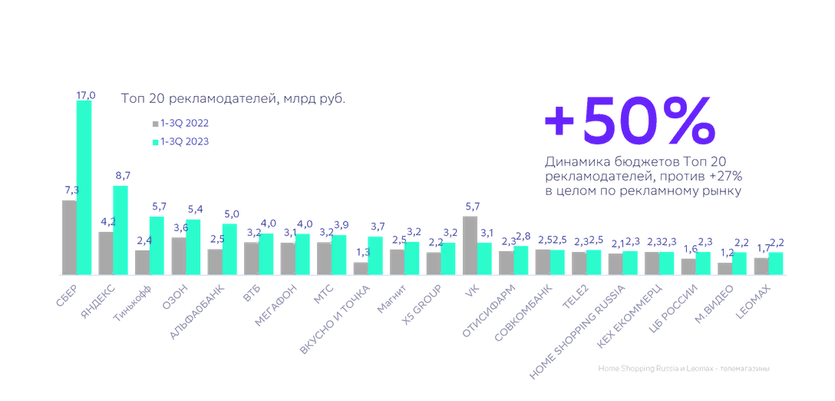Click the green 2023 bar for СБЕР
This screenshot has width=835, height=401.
[x=84, y=187]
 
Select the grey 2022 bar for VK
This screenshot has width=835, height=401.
[x=470, y=245]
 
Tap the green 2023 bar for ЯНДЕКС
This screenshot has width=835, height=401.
[x=120, y=230]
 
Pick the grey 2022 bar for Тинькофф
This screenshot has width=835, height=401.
[x=142, y=262]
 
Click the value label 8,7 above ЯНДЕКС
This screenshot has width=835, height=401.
[x=122, y=176]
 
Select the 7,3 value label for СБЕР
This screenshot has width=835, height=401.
[x=71, y=190]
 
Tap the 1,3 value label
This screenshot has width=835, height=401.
[x=361, y=253]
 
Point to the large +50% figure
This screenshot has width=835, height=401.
[x=629, y=121]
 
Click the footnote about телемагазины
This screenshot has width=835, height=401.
[x=683, y=369]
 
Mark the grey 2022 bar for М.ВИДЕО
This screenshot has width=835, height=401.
[x=724, y=268]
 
